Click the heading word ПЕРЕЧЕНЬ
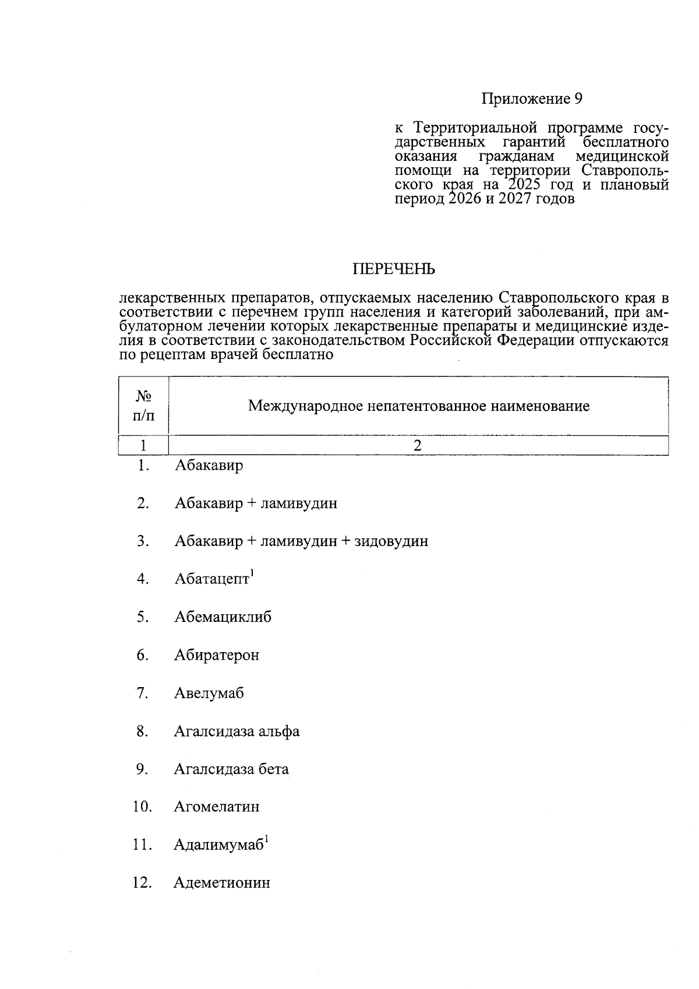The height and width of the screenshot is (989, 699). point(394,269)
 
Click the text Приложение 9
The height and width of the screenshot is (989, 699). point(531,99)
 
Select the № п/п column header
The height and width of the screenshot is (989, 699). point(143,406)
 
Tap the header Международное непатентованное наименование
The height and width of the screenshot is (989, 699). point(418,406)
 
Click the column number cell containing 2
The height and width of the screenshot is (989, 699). point(417,446)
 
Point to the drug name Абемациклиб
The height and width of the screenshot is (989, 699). point(223,617)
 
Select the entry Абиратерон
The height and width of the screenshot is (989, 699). point(216,655)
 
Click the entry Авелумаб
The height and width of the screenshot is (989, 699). point(209,694)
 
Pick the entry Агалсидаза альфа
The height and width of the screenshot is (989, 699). point(236,731)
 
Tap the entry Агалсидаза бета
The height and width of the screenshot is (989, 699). point(231,769)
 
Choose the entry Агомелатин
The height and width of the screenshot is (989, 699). point(216,807)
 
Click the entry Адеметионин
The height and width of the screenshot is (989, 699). point(221,883)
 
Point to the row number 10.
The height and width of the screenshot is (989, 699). point(142,807)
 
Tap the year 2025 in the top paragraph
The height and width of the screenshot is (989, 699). point(524,185)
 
